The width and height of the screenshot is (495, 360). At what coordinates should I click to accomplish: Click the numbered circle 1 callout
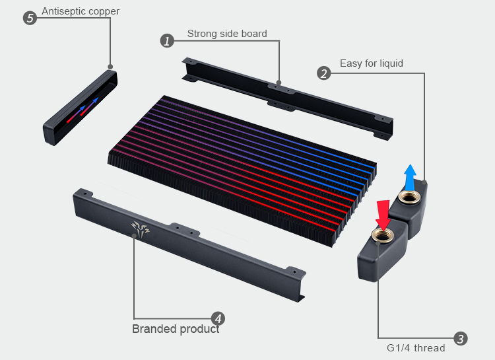(168, 41)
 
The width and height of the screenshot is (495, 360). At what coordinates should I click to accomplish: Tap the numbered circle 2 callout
(323, 73)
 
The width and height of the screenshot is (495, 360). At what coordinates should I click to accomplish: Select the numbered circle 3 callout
(461, 338)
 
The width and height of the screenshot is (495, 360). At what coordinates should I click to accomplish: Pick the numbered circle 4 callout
(218, 318)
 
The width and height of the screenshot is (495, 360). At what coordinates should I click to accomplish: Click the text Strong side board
(227, 34)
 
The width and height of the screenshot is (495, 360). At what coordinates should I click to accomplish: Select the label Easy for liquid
(372, 63)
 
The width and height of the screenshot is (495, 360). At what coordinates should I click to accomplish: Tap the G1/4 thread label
(416, 348)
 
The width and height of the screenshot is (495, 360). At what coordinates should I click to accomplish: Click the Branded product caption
(176, 329)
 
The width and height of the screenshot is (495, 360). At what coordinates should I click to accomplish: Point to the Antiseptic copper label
(81, 11)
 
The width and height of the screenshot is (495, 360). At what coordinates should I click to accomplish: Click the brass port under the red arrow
(383, 236)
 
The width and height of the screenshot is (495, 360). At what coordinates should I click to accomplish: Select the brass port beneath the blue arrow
(409, 198)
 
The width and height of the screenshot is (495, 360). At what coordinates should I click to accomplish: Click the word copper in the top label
(104, 11)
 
